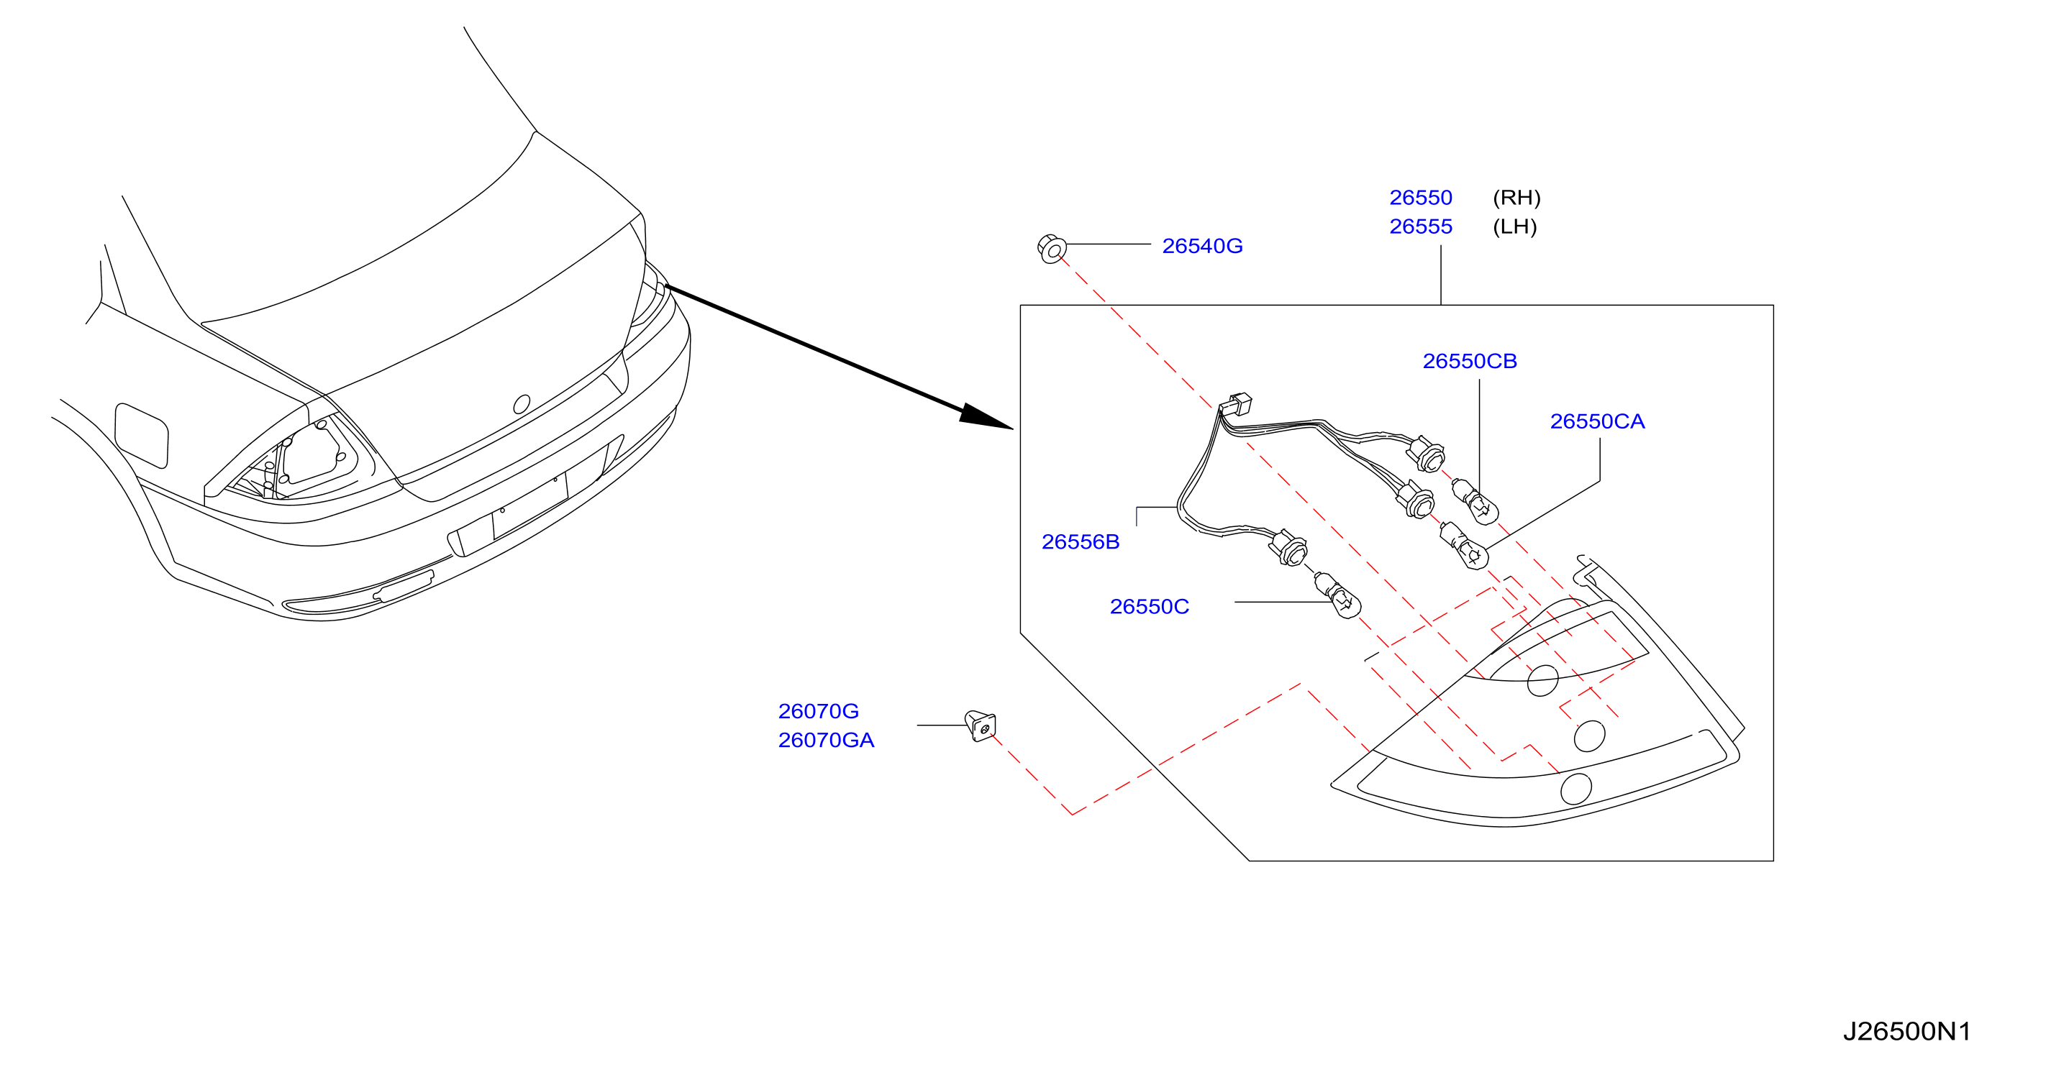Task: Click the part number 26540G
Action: (1202, 246)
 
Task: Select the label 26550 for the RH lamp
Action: (1420, 197)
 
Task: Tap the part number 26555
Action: (1420, 226)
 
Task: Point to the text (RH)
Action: (1516, 197)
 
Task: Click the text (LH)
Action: (1514, 226)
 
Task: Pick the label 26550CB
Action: (1470, 361)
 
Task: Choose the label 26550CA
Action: (1597, 422)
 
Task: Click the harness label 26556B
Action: (1081, 542)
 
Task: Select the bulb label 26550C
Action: (1149, 607)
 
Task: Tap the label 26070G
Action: (819, 711)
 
